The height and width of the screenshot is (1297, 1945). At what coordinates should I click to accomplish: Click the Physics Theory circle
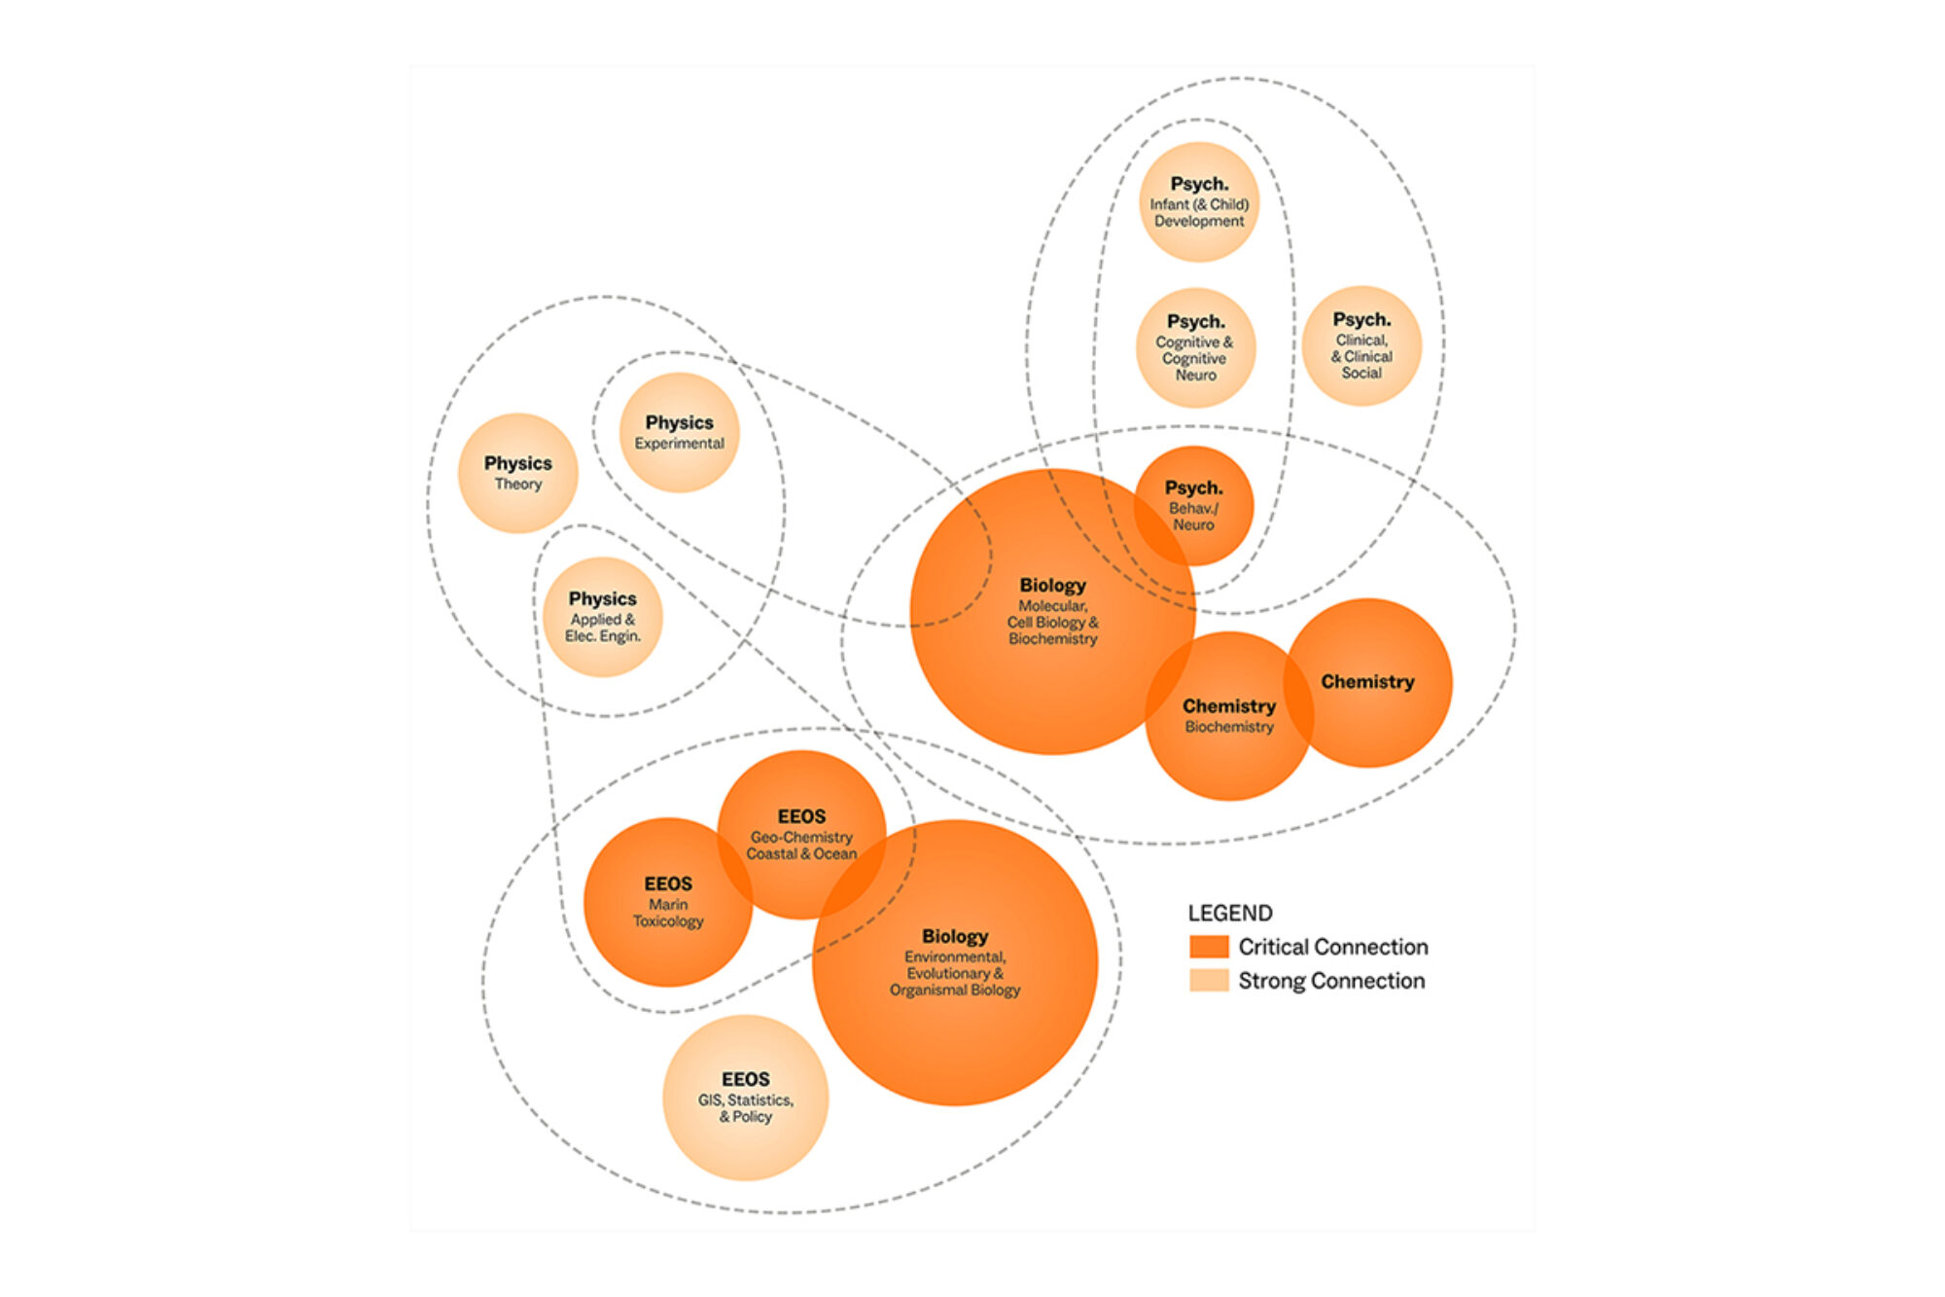pos(518,473)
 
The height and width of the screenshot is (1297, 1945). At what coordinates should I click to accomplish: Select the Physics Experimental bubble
pos(680,432)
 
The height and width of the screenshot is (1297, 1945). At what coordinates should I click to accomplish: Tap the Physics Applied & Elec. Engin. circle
pos(603,617)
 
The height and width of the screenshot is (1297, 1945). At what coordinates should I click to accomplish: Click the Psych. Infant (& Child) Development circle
pos(1199,202)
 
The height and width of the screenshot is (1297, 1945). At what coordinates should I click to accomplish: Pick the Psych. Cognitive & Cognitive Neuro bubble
pos(1196,347)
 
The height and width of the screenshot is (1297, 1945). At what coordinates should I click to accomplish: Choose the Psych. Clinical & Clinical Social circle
pos(1361,345)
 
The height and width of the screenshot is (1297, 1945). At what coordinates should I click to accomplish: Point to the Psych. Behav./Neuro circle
pos(1193,506)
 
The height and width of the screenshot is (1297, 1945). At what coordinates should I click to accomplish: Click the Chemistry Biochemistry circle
pos(1229,716)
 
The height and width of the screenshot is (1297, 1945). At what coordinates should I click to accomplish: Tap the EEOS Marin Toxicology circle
pos(668,902)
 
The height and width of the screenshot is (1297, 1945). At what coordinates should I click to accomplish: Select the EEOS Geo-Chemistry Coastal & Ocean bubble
pos(801,835)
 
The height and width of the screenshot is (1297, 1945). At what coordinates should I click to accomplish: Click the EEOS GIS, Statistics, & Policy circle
pos(746,1098)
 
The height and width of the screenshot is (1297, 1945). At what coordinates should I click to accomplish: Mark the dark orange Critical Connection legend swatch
pos(1209,947)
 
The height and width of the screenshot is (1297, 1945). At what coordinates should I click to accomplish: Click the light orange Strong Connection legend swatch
pos(1209,980)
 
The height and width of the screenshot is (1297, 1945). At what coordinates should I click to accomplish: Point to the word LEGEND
pos(1230,913)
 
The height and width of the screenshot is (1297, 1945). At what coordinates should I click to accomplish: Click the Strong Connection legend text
pos(1331,981)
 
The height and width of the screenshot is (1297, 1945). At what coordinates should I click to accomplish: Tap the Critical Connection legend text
pos(1333,947)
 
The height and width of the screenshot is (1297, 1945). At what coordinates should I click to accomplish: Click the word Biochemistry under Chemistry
pos(1229,727)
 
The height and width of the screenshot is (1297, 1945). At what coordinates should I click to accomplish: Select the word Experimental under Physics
pos(680,444)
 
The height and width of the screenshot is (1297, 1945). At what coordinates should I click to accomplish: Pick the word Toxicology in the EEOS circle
pos(668,921)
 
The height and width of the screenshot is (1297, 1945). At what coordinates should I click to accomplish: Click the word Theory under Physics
pos(518,485)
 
